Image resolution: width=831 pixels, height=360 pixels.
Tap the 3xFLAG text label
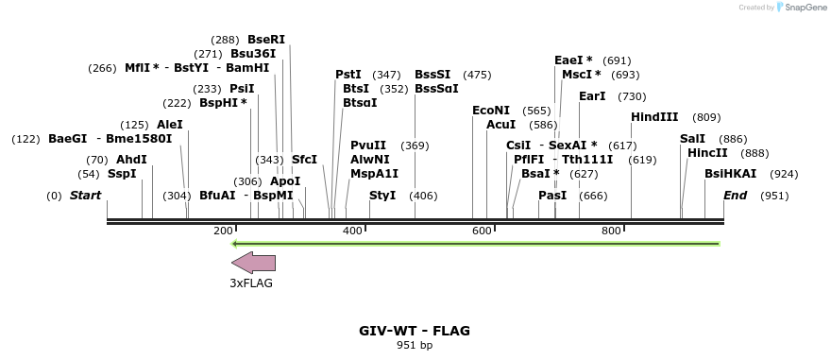pyautogui.click(x=251, y=283)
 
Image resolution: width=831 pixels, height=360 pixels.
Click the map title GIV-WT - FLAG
pyautogui.click(x=415, y=331)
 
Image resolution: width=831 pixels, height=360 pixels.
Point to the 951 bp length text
pyautogui.click(x=415, y=346)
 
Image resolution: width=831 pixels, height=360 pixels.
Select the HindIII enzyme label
pyautogui.click(x=654, y=117)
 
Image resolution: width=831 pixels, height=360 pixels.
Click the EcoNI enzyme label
pyautogui.click(x=491, y=111)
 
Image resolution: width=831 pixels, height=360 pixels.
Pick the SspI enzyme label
pyautogui.click(x=122, y=174)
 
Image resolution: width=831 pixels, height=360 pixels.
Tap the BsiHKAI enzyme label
pyautogui.click(x=731, y=174)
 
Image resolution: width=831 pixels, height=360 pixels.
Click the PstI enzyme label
pyautogui.click(x=348, y=75)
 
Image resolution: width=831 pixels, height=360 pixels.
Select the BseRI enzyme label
pyautogui.click(x=266, y=40)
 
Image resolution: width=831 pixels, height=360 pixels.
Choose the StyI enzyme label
pyautogui.click(x=382, y=196)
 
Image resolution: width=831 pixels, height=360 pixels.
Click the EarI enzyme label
pyautogui.click(x=592, y=96)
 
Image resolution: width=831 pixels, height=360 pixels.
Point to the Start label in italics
pyautogui.click(x=85, y=196)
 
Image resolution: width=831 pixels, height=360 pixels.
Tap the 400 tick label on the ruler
pyautogui.click(x=352, y=231)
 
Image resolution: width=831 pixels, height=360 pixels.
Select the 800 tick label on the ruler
pyautogui.click(x=611, y=231)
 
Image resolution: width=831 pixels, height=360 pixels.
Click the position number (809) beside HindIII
pyautogui.click(x=706, y=117)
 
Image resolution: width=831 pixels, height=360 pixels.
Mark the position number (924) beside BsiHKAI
pyautogui.click(x=784, y=174)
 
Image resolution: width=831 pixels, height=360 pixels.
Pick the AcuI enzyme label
pyautogui.click(x=500, y=125)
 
